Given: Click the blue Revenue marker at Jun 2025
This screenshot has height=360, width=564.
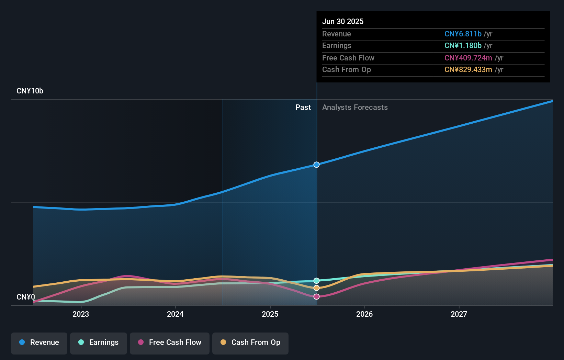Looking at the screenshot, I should point(316,165).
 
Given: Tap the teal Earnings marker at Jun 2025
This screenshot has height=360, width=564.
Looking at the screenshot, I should point(316,281).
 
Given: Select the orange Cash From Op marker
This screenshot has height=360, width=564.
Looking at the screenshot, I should point(316,288).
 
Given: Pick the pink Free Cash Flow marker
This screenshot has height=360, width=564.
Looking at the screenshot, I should point(316,296).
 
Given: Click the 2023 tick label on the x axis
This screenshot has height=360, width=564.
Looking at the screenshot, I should point(81,314).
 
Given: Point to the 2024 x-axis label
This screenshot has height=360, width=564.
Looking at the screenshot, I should point(175,314).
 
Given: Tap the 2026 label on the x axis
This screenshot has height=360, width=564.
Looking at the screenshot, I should point(364,314).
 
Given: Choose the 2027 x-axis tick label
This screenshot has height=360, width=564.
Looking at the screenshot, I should point(459,314).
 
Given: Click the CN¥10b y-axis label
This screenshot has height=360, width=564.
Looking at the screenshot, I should point(30,91).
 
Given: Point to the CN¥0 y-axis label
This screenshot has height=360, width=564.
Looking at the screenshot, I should point(26,297).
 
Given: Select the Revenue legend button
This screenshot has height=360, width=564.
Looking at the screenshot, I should point(39,342).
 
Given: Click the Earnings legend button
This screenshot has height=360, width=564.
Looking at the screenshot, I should point(99,342).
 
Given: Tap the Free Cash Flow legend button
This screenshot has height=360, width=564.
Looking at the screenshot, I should point(170,342).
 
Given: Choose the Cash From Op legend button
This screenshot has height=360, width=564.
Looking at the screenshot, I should point(250,342).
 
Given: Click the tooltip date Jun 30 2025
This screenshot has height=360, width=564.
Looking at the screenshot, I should point(343,21).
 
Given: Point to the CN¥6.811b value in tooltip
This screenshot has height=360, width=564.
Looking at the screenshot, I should point(463,34).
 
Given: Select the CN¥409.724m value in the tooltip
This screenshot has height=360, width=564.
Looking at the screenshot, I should point(468,58).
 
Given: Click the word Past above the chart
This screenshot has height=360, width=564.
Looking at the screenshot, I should point(303,107).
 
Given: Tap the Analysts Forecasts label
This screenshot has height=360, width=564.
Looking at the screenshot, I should point(355,107).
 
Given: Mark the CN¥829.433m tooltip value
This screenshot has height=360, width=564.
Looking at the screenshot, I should point(468,69).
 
